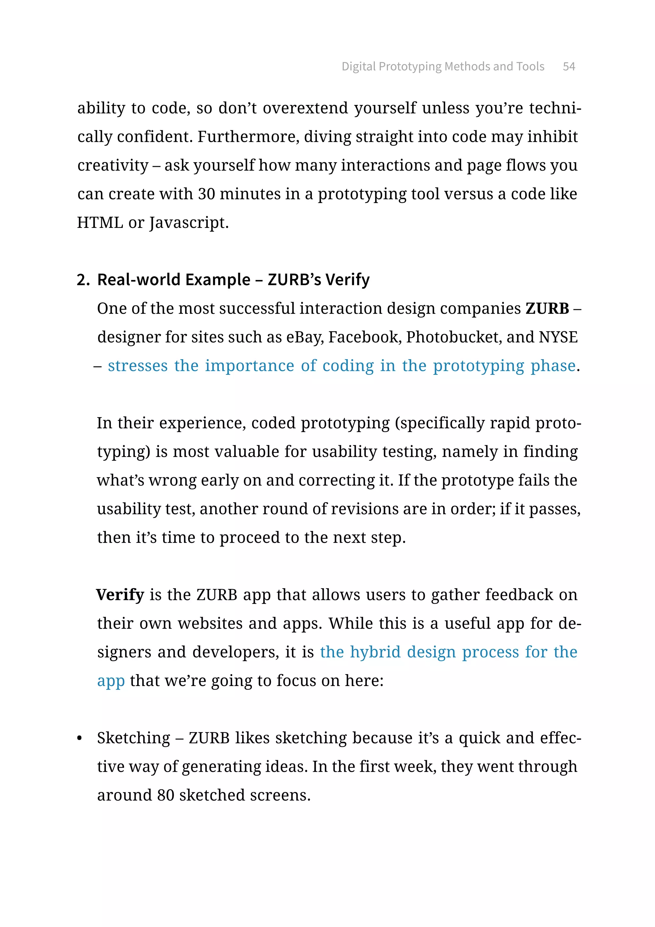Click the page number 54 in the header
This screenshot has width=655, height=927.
point(569,66)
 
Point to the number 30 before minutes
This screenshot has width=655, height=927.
point(206,194)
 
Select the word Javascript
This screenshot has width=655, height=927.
point(189,223)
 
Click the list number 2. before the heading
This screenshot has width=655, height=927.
point(83,280)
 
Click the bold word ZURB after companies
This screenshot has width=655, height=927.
point(547,309)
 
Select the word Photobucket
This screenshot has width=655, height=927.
point(453,337)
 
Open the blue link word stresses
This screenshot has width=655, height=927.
point(138,366)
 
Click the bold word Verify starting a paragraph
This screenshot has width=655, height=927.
point(120,595)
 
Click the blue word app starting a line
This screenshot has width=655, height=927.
point(111,681)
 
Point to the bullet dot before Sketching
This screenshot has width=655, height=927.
point(79,739)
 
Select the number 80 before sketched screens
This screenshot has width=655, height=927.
point(165,795)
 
